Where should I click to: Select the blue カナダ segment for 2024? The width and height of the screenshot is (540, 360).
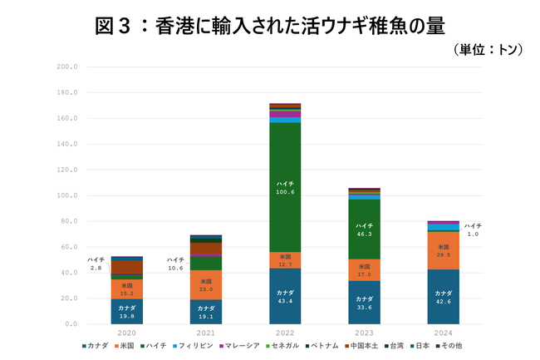click(442, 297)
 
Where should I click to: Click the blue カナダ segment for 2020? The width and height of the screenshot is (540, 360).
click(126, 311)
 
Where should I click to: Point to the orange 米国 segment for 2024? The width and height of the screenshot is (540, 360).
click(442, 250)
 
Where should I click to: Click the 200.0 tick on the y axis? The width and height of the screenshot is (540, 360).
click(66, 67)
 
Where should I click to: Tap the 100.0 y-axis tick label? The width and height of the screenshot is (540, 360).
click(66, 195)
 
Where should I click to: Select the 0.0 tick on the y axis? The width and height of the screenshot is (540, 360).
click(70, 323)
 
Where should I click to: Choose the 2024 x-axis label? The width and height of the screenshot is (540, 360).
click(442, 333)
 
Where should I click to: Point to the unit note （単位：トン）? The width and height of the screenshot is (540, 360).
click(488, 50)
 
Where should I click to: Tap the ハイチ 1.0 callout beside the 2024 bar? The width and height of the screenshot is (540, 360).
click(473, 229)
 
